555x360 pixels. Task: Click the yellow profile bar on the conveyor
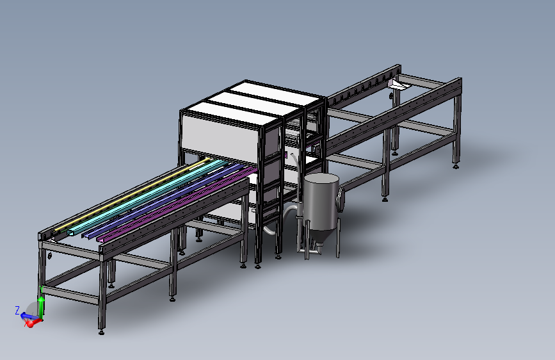tap(131, 196)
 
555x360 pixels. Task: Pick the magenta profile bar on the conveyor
tap(177, 205)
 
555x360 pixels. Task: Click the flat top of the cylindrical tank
tap(321, 179)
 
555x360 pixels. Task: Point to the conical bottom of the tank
tap(319, 238)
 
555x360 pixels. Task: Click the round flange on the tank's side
tap(341, 200)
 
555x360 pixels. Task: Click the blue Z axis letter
tap(17, 311)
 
